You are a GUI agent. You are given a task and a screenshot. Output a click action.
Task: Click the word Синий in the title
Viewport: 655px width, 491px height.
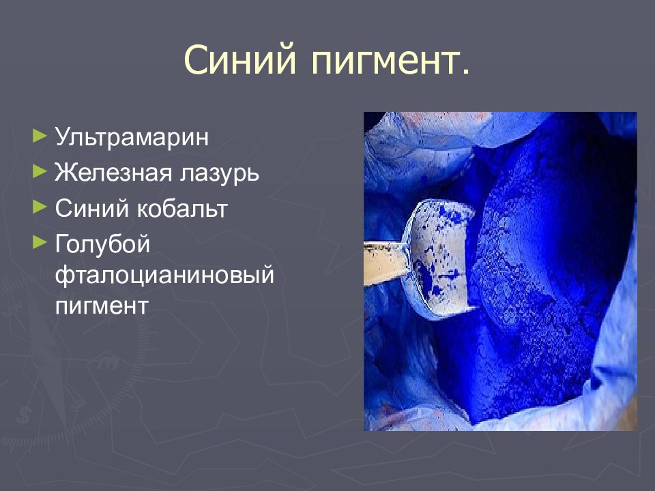click(239, 61)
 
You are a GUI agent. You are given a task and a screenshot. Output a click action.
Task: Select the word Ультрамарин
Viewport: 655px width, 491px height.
click(132, 136)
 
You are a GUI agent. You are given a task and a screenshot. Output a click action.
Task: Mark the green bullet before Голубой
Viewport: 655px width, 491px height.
click(40, 240)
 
